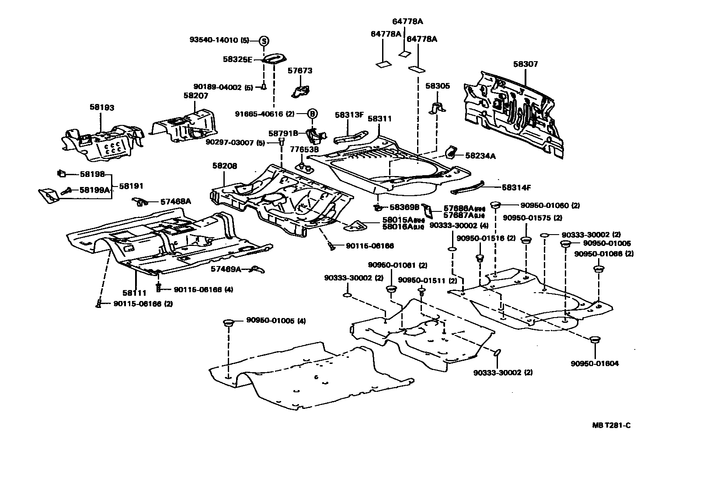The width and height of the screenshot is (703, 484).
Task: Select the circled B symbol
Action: coord(312,114)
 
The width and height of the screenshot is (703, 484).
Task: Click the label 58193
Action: coord(102,107)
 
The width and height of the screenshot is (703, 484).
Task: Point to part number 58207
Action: coord(195,95)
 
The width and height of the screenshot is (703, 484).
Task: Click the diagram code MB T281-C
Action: coord(611,425)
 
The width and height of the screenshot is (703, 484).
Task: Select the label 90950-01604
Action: coord(595,363)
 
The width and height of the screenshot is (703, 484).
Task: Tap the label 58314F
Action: coord(516,188)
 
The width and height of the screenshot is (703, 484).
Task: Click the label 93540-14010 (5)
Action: coord(219,40)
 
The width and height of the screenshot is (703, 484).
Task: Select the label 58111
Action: coord(134,293)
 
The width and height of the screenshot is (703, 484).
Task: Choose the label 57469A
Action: coord(226,269)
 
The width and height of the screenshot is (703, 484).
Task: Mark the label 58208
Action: coord(225,166)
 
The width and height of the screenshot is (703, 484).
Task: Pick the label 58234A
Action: coord(480,156)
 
